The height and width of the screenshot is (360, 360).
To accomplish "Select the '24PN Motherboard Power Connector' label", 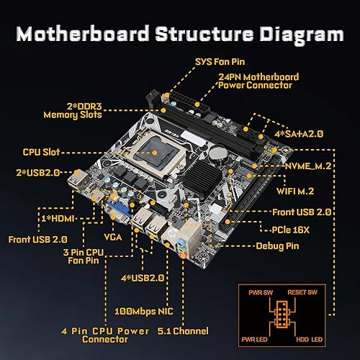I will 256,80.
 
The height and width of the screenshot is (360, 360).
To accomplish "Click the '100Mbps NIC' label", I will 145,312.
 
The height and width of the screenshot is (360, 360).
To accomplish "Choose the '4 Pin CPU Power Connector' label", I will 106,335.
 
